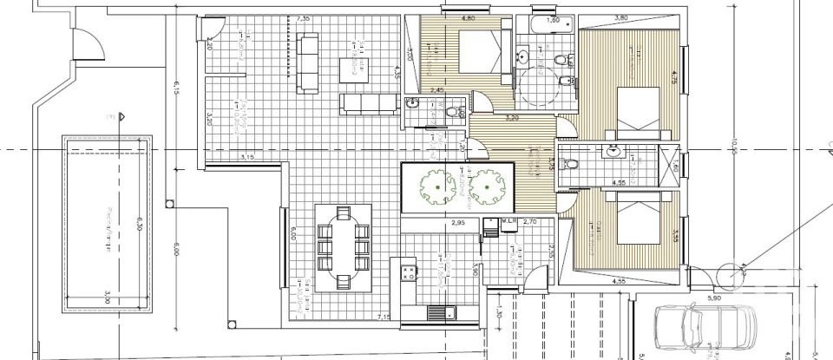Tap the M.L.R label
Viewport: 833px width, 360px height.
coord(508,222)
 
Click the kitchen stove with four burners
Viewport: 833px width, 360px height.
coord(406,272)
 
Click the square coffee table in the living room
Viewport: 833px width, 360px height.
coord(349,65)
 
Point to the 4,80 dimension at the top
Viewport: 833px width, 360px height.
coord(468,17)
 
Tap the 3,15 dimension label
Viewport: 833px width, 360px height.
coord(246,157)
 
